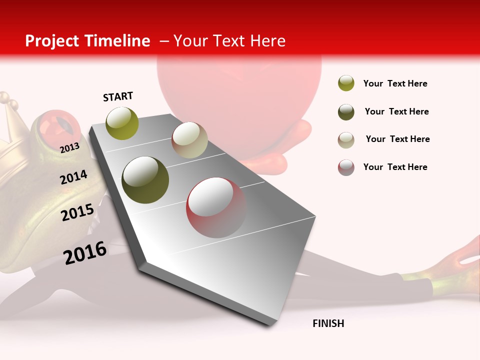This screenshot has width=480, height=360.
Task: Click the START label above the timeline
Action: coord(118,96)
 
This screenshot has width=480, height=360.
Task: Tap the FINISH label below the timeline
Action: coord(328,323)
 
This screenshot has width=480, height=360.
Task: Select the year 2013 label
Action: coord(69,147)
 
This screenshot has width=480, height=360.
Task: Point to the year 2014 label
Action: coord(73,177)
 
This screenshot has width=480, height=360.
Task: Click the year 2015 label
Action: coord(77,212)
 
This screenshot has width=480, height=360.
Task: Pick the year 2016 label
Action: coord(85,253)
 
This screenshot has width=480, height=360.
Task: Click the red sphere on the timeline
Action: coord(216,207)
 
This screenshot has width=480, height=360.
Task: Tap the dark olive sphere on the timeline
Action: coord(145,180)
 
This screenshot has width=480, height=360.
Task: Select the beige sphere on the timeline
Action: coord(189,140)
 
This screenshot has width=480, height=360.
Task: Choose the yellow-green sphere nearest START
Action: coord(122,123)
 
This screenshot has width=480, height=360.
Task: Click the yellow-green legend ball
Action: coord(346,83)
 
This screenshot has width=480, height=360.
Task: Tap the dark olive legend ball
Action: coord(346,112)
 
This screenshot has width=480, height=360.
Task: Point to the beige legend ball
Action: coord(346,139)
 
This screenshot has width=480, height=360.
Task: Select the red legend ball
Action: coord(346,167)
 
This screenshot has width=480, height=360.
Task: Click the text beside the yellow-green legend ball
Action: coord(395,83)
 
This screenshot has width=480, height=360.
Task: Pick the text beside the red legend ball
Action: coord(395,167)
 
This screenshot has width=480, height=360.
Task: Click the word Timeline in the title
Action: coord(118,41)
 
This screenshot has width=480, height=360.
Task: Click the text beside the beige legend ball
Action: coord(397,139)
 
